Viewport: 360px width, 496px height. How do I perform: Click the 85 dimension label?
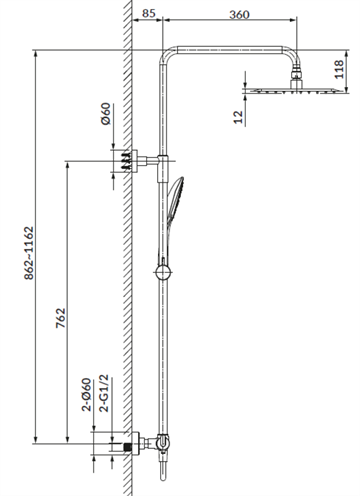coord(149,13)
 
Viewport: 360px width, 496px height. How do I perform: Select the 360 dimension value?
coord(239,15)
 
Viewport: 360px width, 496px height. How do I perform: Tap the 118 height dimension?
coord(339,69)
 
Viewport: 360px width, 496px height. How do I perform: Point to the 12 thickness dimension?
coord(239,117)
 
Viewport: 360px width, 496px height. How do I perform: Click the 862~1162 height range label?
coord(29,253)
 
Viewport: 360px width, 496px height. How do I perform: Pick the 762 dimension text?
coord(61,318)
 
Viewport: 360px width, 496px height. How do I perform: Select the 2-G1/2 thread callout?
coord(104,393)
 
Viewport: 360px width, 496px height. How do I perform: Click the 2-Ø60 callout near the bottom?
coord(87,394)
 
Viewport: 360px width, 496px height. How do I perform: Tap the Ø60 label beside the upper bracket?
coord(105,113)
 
